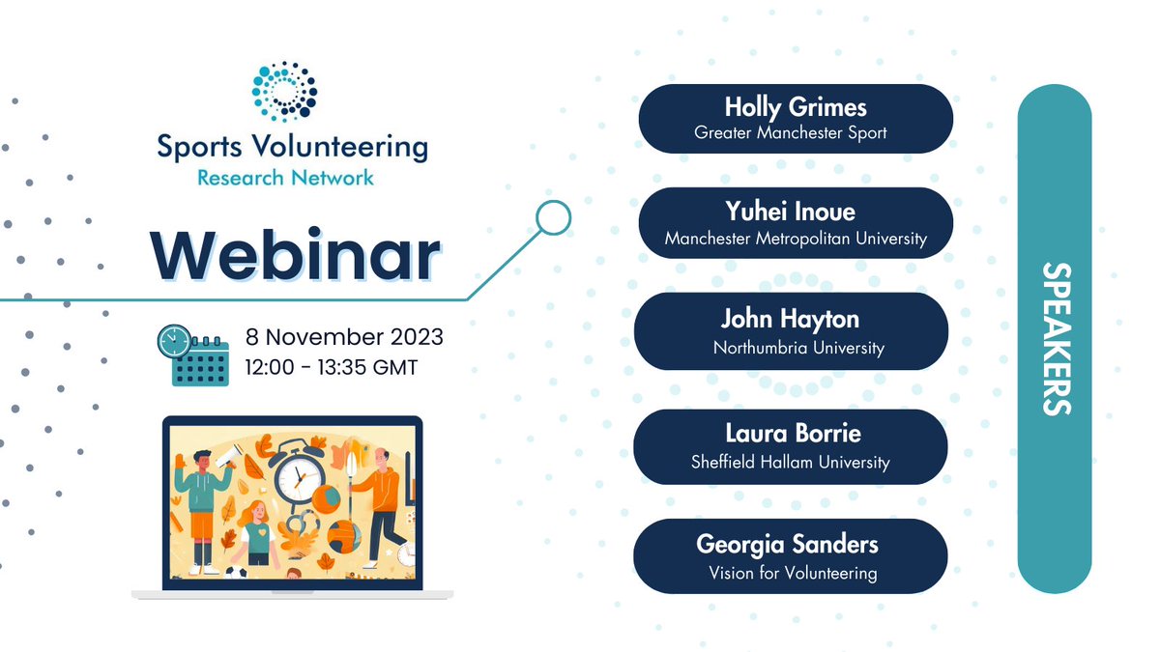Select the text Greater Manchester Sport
pos(791,132)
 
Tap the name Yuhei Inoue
pos(790,211)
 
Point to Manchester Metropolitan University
pos(796,238)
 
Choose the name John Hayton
pos(790,319)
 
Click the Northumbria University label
pos(798,347)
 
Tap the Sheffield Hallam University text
pos(790,462)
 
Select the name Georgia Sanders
pos(787,544)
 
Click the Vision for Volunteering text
pos(793,573)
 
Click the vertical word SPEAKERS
pos(1056,338)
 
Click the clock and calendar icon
pos(192,354)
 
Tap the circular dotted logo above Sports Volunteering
pos(284,95)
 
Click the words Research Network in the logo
pos(285,177)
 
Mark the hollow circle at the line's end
pos(553,218)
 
